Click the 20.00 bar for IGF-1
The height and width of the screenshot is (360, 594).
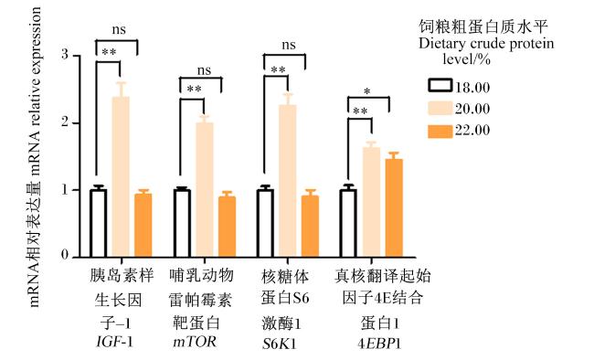point(121,176)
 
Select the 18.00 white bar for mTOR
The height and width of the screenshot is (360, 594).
point(182,223)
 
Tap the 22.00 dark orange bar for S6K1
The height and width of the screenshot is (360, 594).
point(311,227)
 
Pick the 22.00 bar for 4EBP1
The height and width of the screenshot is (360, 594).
point(394,208)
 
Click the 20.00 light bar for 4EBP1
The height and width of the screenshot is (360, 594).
point(372,202)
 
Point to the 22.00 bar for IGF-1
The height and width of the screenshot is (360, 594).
point(143,226)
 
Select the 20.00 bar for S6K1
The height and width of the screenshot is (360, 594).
point(288,181)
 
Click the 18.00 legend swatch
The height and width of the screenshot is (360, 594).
point(440,86)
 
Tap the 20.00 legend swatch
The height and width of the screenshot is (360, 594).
point(440,108)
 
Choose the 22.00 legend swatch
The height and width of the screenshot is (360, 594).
point(440,131)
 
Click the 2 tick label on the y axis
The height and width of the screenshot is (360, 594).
point(65,122)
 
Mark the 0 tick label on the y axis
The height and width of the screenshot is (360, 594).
point(65,255)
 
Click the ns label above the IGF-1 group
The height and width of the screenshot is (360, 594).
point(119,30)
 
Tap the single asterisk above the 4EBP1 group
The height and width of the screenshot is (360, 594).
point(366,92)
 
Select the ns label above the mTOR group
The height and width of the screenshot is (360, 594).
point(204,70)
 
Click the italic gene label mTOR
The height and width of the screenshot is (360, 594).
point(195,342)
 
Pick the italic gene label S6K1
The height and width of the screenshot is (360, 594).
point(280,344)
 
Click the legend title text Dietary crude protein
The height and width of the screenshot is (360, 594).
point(486,45)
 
